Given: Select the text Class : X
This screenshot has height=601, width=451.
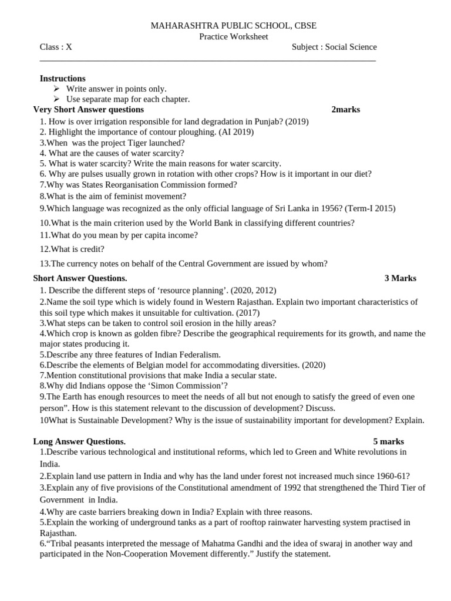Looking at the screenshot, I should (x=56, y=47).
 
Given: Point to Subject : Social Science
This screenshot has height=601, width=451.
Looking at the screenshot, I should (x=334, y=47).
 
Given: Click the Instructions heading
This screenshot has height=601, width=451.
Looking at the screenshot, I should (x=62, y=78).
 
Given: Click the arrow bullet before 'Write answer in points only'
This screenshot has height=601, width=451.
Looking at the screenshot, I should (x=57, y=89).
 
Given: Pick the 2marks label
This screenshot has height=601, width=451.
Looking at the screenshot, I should (x=345, y=109).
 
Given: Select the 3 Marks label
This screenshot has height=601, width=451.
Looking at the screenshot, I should (x=400, y=278).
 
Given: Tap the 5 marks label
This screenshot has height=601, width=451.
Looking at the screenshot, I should (x=388, y=441).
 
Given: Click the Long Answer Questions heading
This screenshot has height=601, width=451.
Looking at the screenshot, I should (x=79, y=441).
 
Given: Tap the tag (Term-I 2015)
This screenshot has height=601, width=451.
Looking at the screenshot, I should (x=370, y=208).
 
